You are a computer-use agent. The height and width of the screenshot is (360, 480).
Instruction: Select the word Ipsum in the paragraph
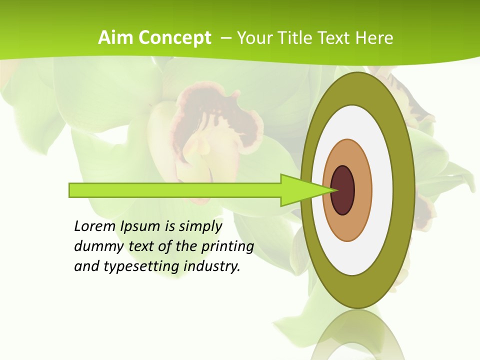click(x=140, y=226)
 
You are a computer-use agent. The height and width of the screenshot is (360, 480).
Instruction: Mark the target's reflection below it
click(x=358, y=335)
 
